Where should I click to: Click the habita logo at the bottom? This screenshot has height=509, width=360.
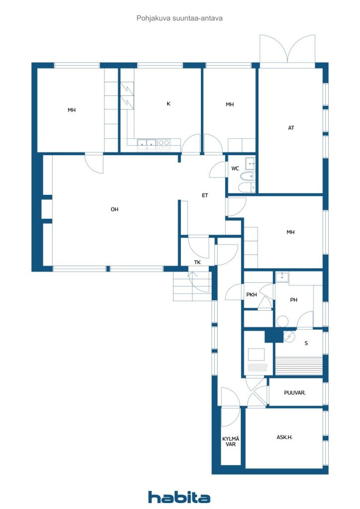point(179,497)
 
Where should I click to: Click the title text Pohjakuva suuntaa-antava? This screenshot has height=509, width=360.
point(180,18)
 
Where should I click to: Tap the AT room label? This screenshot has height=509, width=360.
point(291,128)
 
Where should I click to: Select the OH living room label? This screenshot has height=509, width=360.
point(114,209)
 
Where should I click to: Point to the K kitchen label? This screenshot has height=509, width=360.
point(169,103)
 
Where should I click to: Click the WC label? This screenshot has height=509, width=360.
point(235,169)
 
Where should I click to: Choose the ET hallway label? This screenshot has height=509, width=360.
point(205,195)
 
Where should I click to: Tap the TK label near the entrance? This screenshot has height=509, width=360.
point(197,262)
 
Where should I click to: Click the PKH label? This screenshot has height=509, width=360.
point(252,295)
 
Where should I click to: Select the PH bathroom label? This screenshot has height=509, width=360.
point(293,300)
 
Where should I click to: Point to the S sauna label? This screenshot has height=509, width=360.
point(306,343)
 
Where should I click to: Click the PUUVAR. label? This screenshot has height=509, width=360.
point(295,393)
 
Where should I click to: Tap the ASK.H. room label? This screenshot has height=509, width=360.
point(284,437)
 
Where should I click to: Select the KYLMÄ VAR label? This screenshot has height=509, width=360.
point(231,441)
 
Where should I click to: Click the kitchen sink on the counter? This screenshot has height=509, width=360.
point(147,144)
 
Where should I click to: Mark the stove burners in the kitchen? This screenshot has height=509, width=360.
point(164,145)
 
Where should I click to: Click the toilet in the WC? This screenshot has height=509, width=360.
point(248,176)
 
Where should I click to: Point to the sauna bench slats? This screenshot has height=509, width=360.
point(299,366)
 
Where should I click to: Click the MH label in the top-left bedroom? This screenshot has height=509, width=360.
point(72,110)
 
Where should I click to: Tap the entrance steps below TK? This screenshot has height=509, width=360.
point(192,286)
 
